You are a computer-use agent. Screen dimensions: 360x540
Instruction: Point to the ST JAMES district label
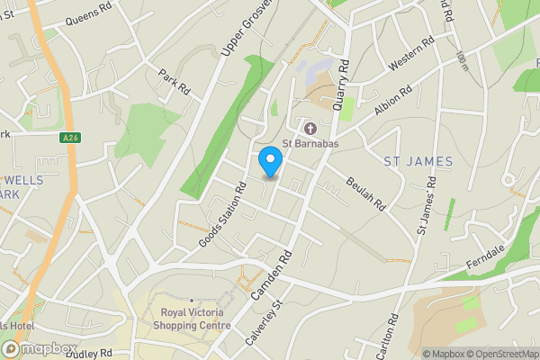[x=412, y=162]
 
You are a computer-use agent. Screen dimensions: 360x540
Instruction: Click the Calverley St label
[x=262, y=323]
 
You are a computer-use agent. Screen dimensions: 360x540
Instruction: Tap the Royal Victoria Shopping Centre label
[x=190, y=319]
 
